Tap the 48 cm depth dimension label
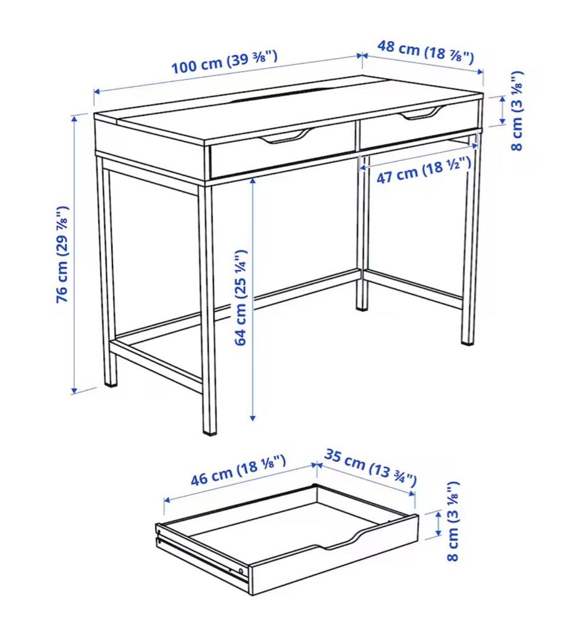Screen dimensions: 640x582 [x=426, y=52]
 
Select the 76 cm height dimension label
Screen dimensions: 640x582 [x=63, y=254]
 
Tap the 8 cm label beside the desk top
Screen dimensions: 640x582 [x=517, y=111]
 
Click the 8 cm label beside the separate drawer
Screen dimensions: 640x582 [x=453, y=521]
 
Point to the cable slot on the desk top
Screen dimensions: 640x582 [x=276, y=96]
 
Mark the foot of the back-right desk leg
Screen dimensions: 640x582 [x=362, y=306]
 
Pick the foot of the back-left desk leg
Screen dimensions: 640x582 [x=111, y=382]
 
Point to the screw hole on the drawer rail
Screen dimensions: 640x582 [x=240, y=571]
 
